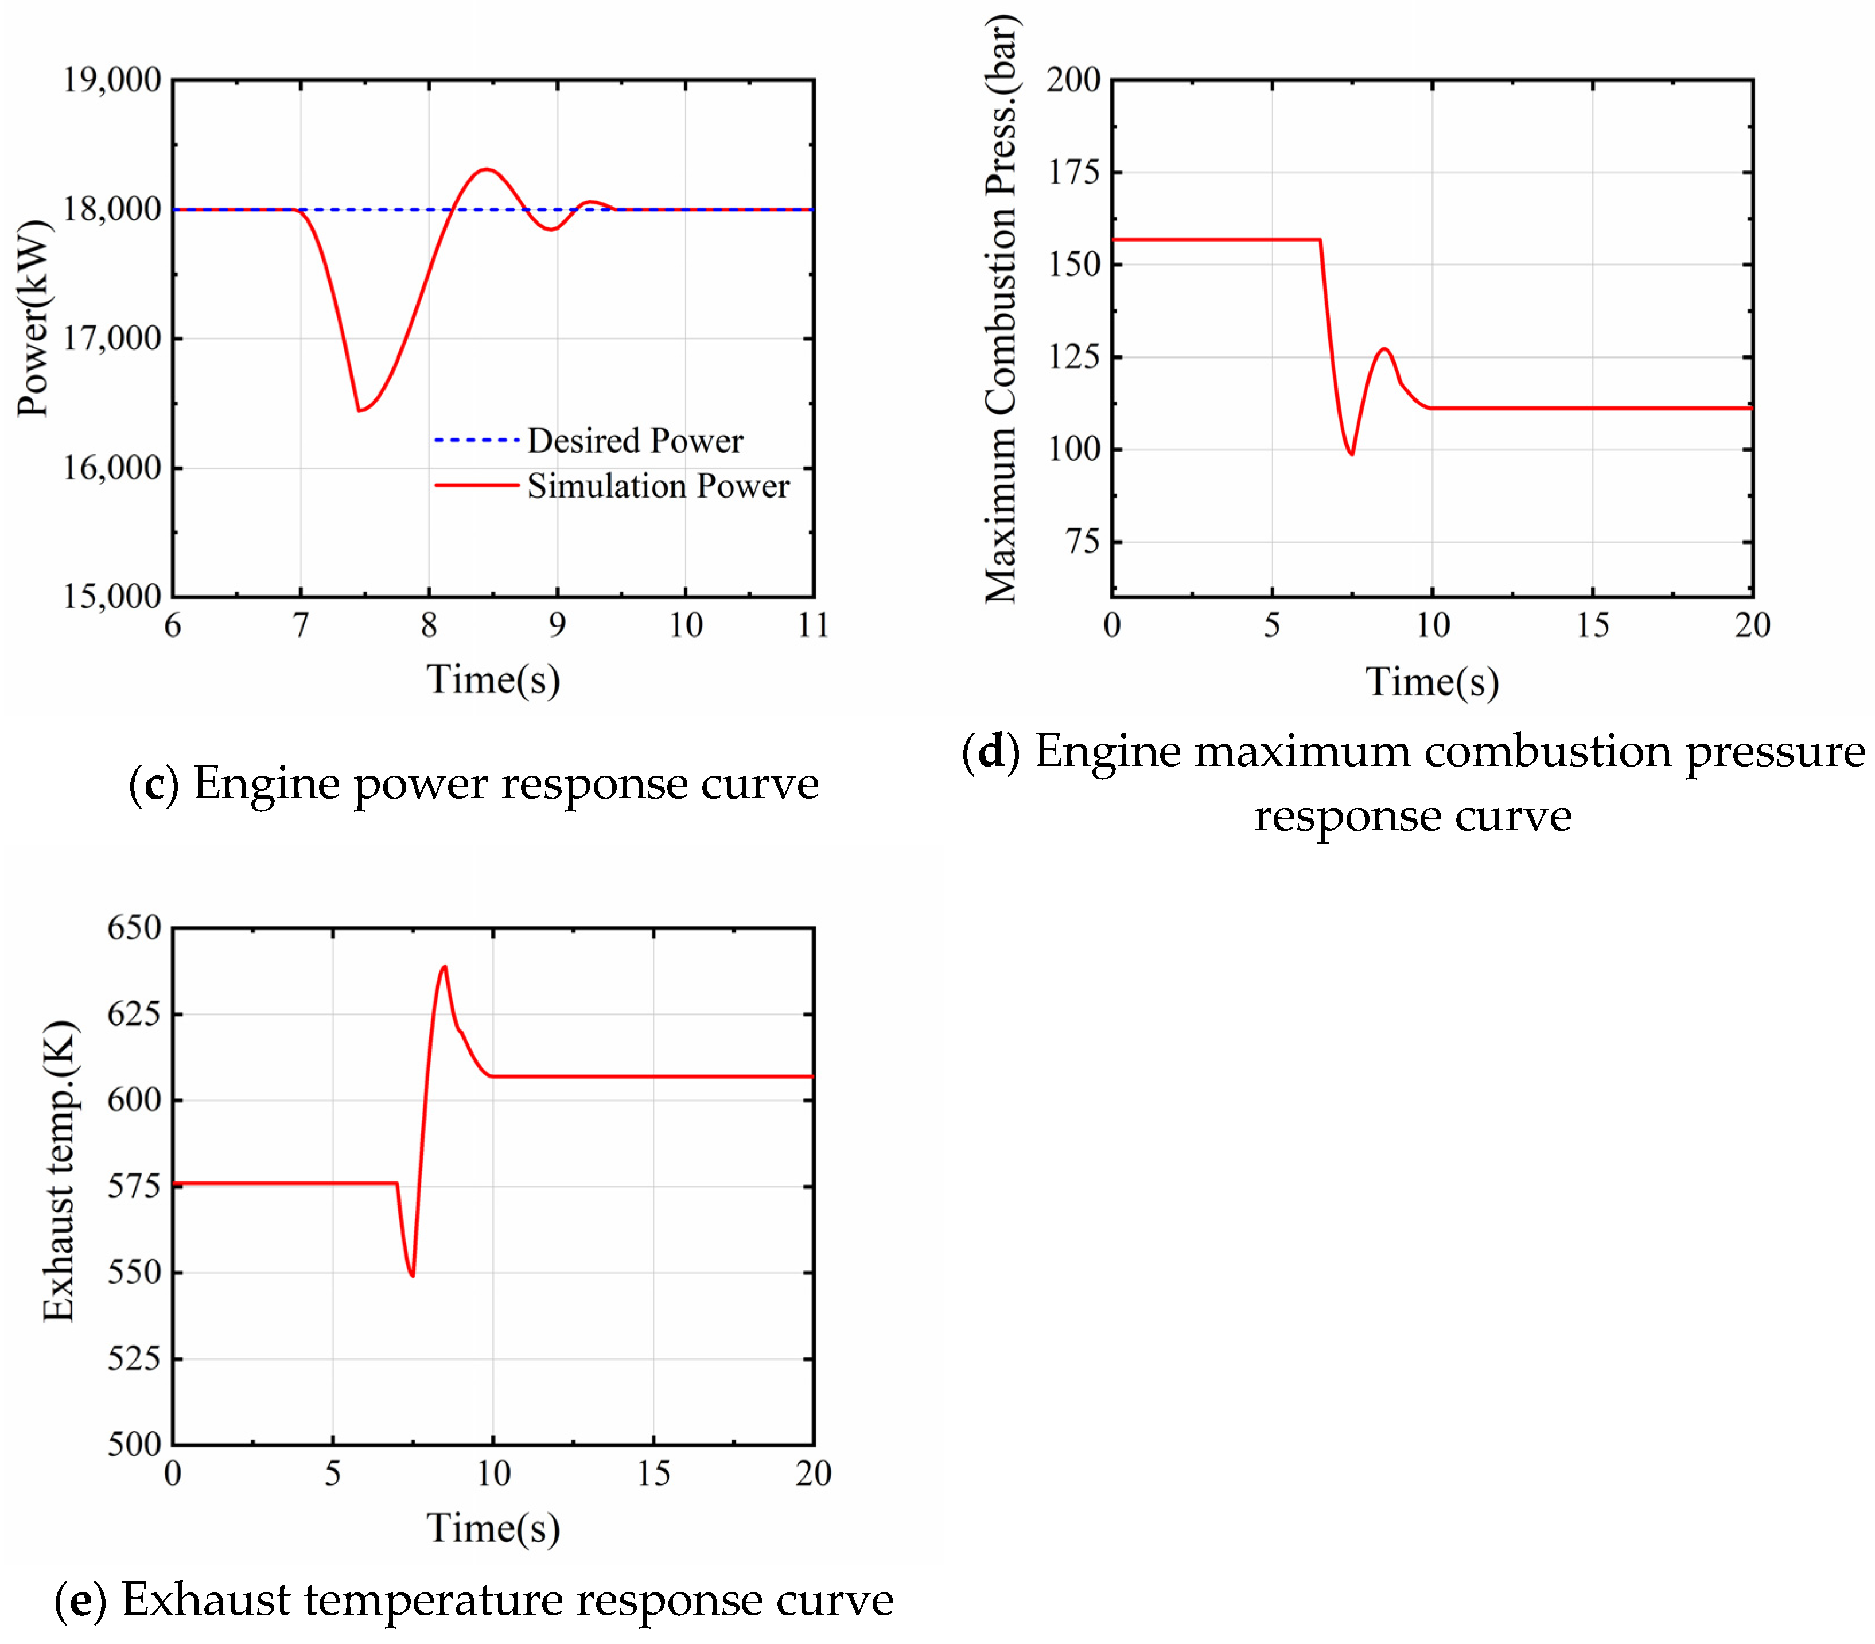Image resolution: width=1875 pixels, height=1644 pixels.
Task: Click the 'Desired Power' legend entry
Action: pyautogui.click(x=634, y=441)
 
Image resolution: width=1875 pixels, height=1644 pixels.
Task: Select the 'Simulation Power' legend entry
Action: pyautogui.click(x=657, y=486)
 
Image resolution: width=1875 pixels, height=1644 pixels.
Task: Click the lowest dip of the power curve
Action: pyautogui.click(x=360, y=410)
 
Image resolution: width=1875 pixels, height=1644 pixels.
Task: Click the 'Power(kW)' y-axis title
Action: pyautogui.click(x=34, y=318)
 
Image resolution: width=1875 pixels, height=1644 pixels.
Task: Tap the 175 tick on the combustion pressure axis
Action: pyautogui.click(x=1073, y=173)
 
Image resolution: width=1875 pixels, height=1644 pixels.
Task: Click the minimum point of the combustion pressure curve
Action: pyautogui.click(x=1351, y=453)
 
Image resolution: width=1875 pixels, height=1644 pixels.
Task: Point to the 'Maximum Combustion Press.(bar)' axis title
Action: pyautogui.click(x=1002, y=309)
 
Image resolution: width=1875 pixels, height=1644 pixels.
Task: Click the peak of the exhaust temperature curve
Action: pyautogui.click(x=445, y=966)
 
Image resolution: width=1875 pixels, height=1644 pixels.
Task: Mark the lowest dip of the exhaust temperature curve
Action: pyautogui.click(x=413, y=1275)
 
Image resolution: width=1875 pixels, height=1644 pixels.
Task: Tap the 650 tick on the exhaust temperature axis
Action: pyautogui.click(x=134, y=928)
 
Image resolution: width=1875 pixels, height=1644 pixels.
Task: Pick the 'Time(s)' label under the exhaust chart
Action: pyautogui.click(x=493, y=1529)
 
